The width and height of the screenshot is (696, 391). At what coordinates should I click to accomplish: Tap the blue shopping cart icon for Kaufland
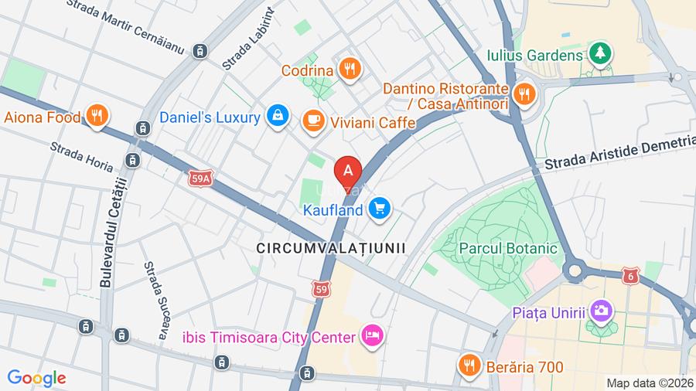pos(378,208)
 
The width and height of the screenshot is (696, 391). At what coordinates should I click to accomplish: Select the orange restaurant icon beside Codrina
pos(350,70)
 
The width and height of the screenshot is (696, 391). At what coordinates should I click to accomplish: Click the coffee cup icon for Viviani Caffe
pos(313,120)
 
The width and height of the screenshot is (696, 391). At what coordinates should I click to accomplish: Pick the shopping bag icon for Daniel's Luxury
pos(276,116)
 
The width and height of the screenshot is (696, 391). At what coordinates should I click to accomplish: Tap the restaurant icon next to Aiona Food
pos(97,116)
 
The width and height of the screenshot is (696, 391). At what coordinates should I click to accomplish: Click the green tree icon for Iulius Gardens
pos(599,53)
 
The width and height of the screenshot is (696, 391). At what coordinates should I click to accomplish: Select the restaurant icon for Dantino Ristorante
pos(524,94)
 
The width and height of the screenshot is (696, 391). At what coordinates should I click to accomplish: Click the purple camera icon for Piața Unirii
pos(600,311)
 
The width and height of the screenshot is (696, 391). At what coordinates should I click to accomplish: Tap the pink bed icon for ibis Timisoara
pos(373,336)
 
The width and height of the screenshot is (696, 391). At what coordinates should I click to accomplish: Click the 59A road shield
pos(200,179)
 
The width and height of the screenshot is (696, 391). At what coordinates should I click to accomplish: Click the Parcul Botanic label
pos(507,249)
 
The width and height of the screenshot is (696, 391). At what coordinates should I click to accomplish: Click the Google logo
pos(36,379)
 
